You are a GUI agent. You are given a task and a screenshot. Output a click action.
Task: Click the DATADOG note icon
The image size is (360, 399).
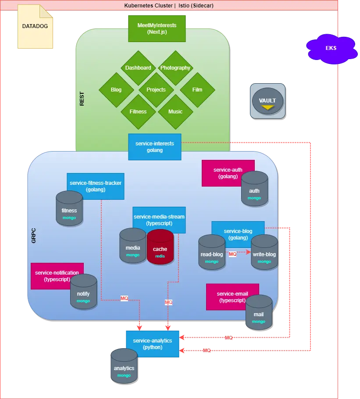[35, 26]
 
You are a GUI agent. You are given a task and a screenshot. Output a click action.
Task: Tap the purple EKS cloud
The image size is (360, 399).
[331, 48]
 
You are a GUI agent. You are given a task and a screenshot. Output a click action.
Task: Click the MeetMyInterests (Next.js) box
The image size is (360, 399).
[157, 28]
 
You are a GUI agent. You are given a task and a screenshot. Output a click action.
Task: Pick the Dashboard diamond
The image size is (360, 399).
[138, 68]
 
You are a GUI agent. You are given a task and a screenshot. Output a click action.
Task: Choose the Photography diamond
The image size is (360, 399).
[175, 68]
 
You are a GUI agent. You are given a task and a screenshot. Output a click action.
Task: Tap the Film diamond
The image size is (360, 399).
[197, 90]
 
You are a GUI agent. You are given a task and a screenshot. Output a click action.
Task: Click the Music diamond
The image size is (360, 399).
[175, 112]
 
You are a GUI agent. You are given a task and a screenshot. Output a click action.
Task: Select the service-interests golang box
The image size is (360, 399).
[154, 147]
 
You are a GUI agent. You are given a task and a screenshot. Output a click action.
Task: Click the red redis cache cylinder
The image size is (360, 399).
[160, 247]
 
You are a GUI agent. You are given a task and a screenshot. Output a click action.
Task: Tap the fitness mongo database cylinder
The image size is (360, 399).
[69, 209]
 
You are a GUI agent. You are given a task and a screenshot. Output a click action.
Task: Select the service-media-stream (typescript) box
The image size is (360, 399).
[159, 220]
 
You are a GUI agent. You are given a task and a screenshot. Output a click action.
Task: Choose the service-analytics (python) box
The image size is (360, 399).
[152, 343]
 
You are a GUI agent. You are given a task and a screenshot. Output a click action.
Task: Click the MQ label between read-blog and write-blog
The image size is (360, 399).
[232, 254]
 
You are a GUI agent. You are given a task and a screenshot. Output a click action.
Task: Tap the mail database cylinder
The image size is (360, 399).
[259, 312]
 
